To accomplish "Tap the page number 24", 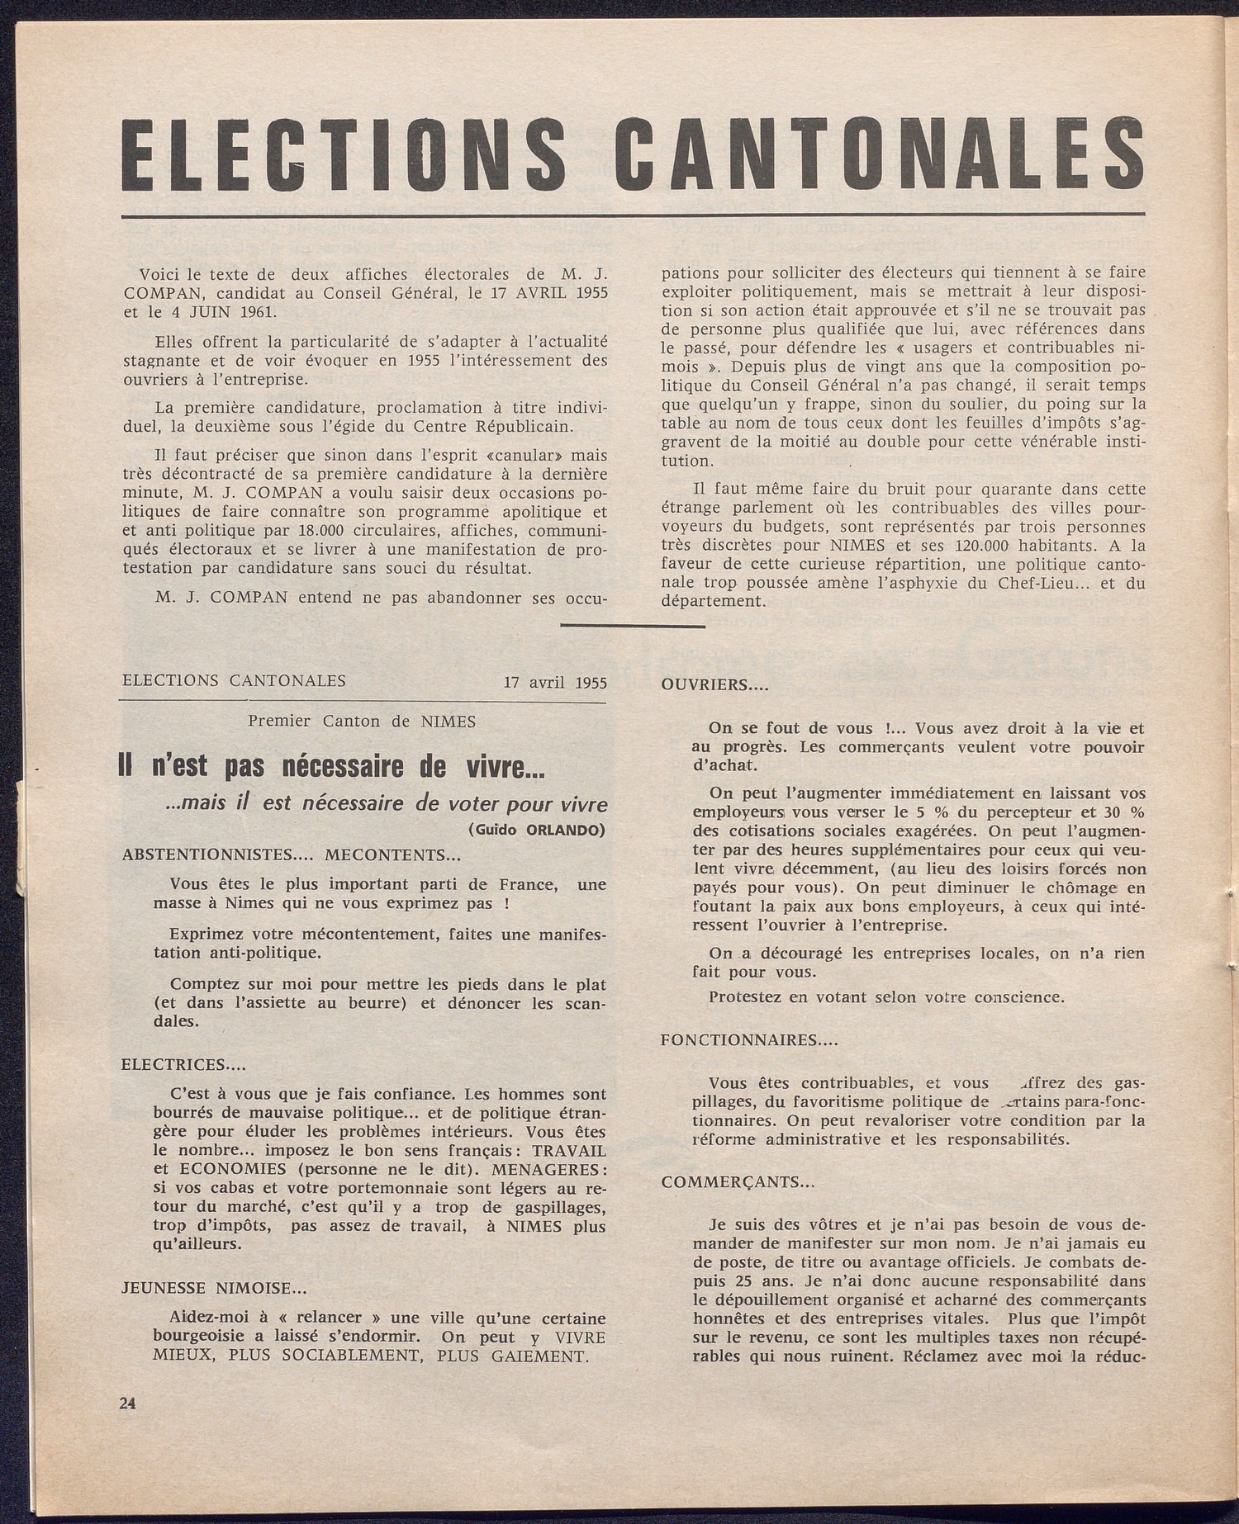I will [127, 1402].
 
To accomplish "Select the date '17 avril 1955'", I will [555, 683].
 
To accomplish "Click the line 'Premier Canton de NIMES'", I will [363, 721].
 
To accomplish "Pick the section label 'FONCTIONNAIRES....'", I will [749, 1040].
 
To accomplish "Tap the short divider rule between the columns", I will [632, 627].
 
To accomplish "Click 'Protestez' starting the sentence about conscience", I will [743, 996].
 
